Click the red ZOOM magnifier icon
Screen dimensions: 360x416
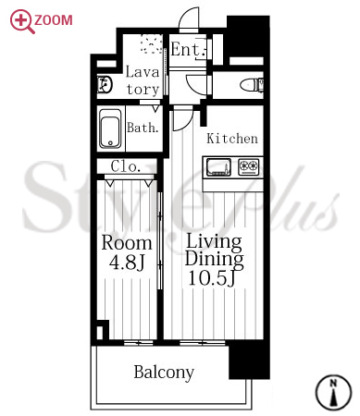point(21,21)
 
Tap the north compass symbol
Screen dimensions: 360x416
point(333,392)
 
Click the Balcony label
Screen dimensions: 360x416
point(164,373)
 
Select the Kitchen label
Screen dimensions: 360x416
point(232,139)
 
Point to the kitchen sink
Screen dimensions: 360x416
point(218,166)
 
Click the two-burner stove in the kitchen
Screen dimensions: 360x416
point(248,166)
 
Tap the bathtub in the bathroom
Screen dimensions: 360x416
point(110,128)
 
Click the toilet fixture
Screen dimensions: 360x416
point(252,85)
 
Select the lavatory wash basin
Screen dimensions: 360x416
point(105,84)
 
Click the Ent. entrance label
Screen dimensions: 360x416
point(189,49)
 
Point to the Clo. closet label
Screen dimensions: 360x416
point(126,166)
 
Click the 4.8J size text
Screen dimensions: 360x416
point(127,263)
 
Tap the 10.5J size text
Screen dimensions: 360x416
point(212,278)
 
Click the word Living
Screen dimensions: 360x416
point(214,241)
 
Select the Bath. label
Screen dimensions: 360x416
point(143,128)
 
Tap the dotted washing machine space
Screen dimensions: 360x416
point(152,43)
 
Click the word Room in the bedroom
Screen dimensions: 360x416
point(127,243)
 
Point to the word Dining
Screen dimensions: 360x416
point(215,260)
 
